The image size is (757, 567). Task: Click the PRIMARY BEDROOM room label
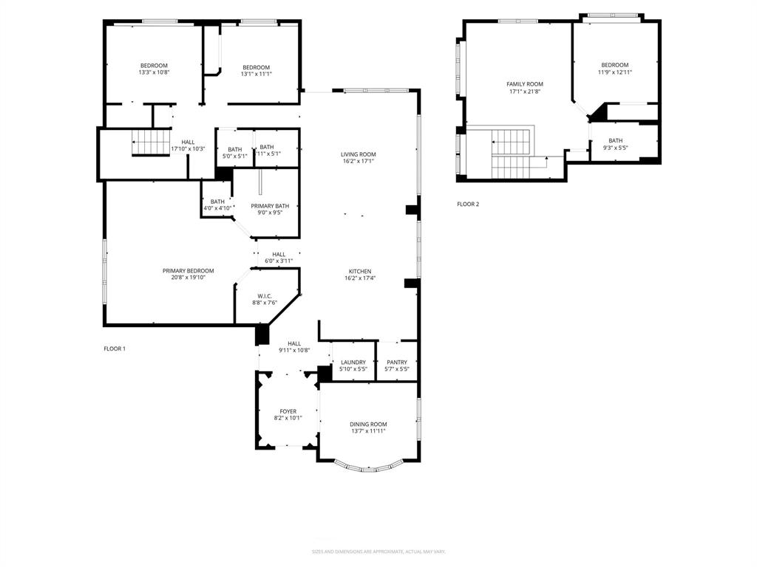point(188,271)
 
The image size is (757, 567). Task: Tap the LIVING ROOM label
point(358,154)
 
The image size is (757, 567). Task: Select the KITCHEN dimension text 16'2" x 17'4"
point(360,278)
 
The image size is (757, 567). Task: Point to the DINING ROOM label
point(368,424)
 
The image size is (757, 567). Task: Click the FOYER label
point(288,411)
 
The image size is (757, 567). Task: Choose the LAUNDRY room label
point(353,362)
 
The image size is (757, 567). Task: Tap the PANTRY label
point(396,362)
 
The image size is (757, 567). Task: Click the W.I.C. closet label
point(265,296)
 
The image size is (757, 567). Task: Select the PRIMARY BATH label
point(270,206)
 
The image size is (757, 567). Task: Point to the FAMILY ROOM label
point(524,84)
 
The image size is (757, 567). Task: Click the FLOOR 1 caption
point(115,348)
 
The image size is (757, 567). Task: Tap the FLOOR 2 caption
point(468,204)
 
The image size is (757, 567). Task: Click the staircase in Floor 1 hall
point(151,142)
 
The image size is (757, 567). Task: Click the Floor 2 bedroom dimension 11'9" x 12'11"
point(614,72)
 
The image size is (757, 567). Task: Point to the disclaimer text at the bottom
point(378,551)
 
